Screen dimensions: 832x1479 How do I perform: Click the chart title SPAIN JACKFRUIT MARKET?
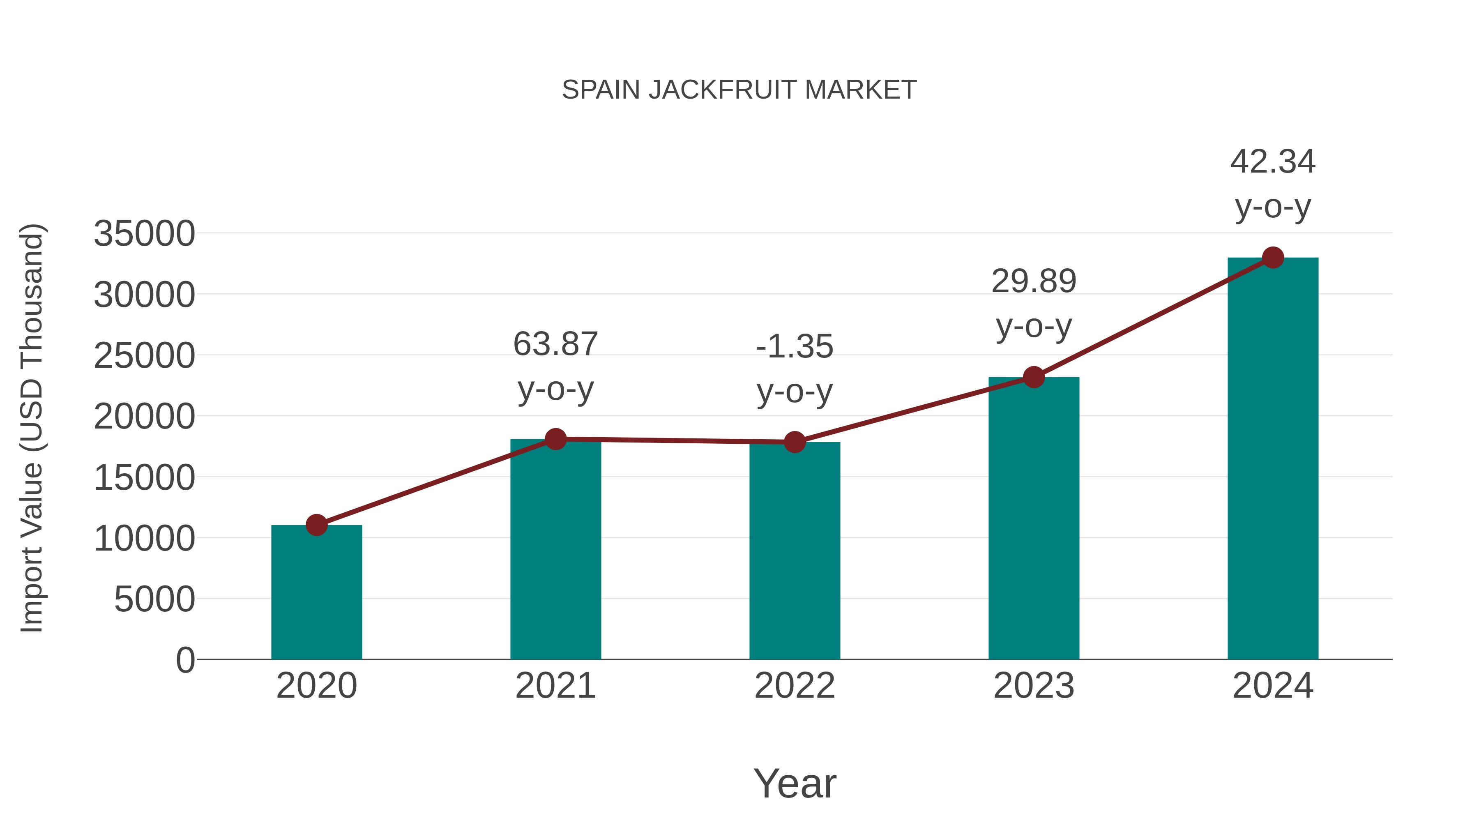739,90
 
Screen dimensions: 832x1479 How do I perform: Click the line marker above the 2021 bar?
556,439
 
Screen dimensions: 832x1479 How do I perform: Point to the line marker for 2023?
1034,377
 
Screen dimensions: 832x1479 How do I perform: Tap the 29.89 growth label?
1034,281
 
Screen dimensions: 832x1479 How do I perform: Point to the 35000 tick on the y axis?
144,234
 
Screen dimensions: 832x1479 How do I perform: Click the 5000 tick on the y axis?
154,599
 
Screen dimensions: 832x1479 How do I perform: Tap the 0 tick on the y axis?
185,660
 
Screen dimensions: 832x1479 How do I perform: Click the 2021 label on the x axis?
556,686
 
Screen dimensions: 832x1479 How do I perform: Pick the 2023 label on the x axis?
1034,686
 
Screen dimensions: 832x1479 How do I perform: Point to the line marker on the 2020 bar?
316,525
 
